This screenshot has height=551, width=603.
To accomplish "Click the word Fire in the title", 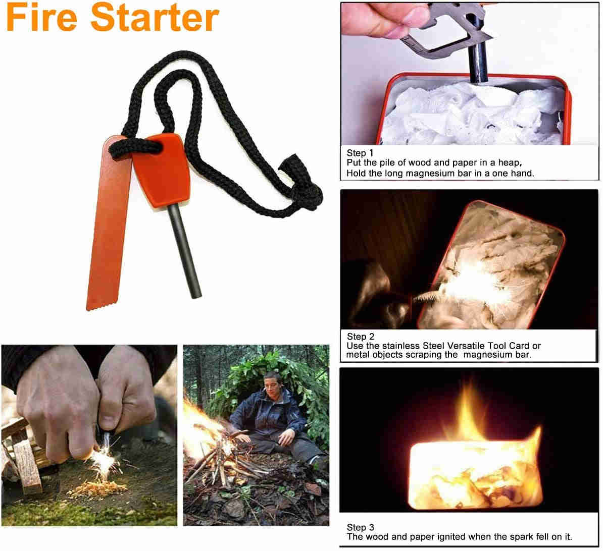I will (42, 19).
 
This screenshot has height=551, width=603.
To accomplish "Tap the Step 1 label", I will (360, 153).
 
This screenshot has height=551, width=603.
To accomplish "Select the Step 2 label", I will (361, 337).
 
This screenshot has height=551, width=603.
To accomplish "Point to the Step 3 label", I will (361, 528).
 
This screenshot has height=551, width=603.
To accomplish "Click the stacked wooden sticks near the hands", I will (23, 459).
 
